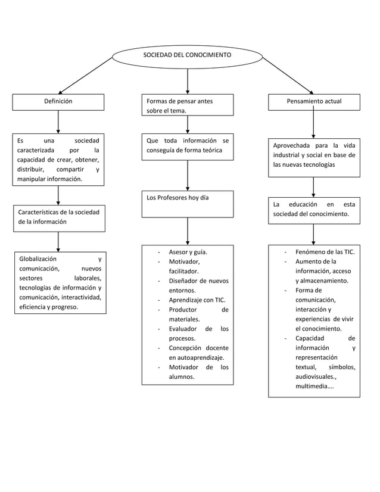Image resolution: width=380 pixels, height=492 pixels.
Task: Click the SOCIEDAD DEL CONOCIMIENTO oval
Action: click(187, 55)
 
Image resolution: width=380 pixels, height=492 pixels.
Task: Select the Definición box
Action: click(58, 102)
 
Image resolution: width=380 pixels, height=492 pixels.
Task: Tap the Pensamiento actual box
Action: click(314, 102)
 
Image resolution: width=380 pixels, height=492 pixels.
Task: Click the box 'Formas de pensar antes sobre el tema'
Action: click(187, 105)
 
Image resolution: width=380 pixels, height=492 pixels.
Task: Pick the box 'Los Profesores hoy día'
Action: click(187, 204)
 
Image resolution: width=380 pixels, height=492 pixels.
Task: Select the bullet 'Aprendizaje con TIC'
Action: click(197, 300)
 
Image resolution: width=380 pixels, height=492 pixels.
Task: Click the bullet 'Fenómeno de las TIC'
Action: click(325, 252)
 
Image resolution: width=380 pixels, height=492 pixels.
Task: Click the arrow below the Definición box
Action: click(58, 122)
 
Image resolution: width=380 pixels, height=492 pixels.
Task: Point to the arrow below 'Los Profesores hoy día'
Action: click(188, 231)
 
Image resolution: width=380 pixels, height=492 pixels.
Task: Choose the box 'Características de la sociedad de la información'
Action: click(59, 217)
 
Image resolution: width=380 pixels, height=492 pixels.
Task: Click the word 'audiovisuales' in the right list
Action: click(315, 377)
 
